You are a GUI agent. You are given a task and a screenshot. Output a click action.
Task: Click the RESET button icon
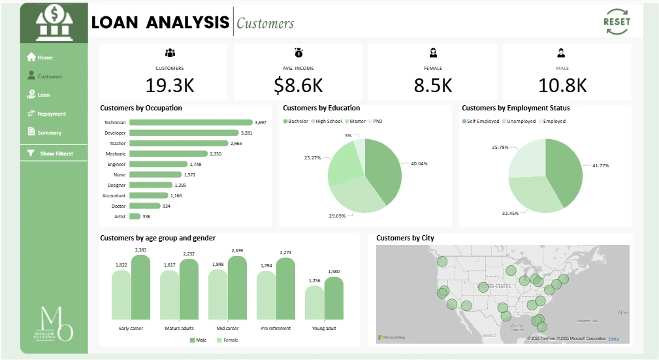point(617,22)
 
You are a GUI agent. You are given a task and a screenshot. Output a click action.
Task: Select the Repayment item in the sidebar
point(51,114)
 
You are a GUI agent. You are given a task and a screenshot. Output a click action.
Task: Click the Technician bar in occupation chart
point(191,122)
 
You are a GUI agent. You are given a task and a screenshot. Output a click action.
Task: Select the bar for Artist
point(135,216)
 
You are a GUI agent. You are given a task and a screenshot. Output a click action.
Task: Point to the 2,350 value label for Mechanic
point(216,154)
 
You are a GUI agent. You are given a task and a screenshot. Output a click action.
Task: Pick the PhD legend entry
point(377,122)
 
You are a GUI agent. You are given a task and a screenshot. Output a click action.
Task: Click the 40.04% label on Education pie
point(419,163)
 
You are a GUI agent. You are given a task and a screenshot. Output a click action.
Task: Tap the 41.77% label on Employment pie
point(600,165)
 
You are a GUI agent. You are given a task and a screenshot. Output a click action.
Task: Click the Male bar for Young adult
point(334,298)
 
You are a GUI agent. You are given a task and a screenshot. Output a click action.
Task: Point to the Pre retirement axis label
point(275,328)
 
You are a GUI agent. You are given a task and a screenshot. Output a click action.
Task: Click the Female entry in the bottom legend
point(228,340)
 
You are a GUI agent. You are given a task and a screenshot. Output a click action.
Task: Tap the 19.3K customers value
point(169,85)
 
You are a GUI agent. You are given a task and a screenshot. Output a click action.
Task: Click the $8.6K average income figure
point(298,85)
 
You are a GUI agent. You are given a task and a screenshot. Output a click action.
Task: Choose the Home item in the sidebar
point(44,57)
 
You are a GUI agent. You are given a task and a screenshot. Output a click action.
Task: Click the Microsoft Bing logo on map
point(391,338)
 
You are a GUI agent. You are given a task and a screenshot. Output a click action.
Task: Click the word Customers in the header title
point(265,24)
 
